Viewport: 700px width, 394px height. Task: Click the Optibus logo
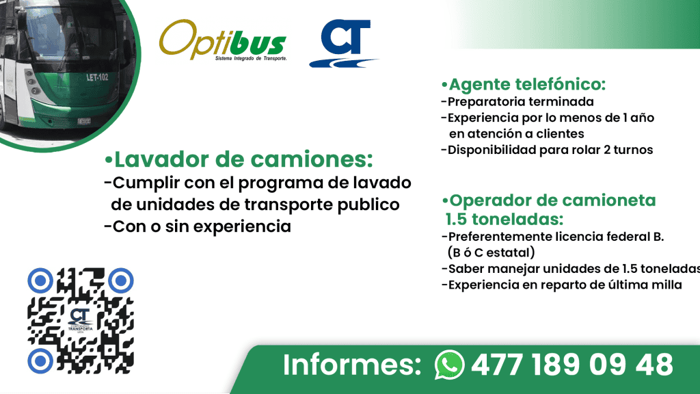point(222,42)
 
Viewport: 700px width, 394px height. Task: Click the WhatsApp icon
point(449,365)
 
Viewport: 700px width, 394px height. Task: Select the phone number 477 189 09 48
point(571,365)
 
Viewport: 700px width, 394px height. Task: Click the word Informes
point(351,365)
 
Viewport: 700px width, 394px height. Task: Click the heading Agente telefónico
point(524,85)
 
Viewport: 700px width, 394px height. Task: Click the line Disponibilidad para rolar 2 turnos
point(547,149)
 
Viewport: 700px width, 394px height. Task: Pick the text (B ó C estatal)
point(486,252)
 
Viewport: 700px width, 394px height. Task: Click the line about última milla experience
point(561,285)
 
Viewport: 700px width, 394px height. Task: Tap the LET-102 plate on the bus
point(97,77)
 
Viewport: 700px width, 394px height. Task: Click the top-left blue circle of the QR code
point(40,279)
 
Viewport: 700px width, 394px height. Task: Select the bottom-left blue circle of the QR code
point(40,360)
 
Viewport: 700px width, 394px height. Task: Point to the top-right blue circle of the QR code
point(121,279)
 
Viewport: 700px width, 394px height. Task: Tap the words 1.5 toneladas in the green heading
point(504,220)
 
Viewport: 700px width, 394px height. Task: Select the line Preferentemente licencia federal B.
point(552,237)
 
